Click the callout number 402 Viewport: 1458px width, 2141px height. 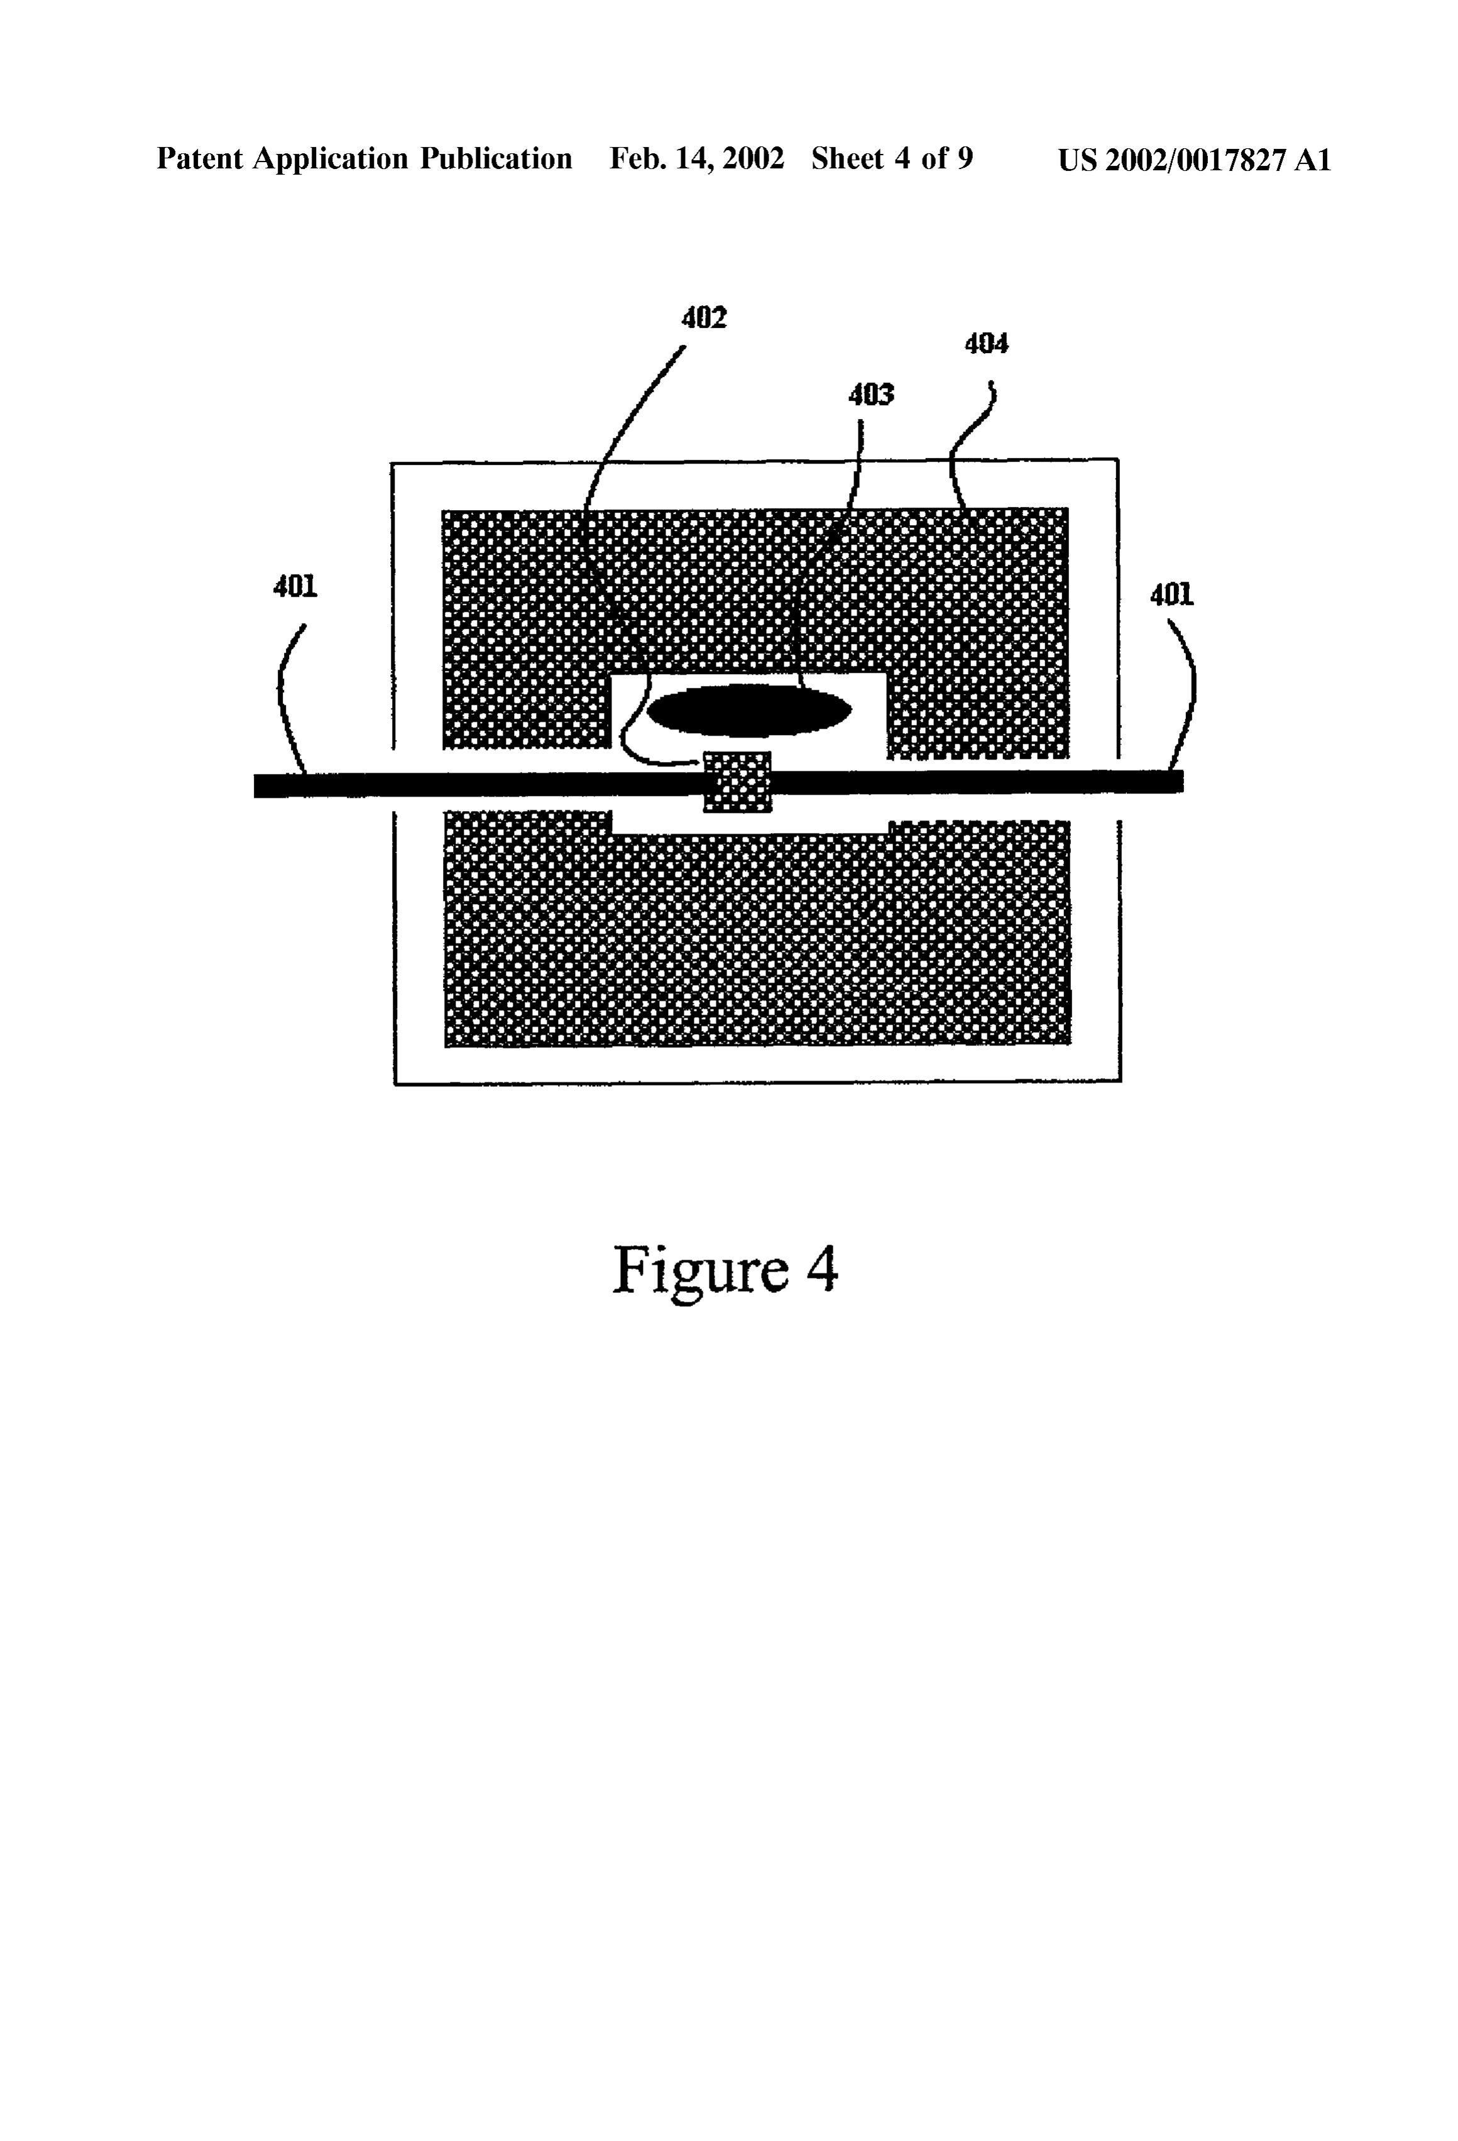coord(704,318)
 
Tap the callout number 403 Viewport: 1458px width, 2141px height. coord(871,395)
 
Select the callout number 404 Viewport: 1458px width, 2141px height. coord(986,344)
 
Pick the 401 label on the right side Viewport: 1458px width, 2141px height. coord(1172,596)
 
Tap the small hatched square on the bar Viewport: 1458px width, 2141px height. coord(737,782)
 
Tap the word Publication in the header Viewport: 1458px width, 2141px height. coord(496,160)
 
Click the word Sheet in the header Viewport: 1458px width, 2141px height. coord(848,160)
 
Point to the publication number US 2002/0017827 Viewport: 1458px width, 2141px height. coord(1171,160)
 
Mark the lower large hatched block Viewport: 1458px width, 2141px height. coord(757,930)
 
